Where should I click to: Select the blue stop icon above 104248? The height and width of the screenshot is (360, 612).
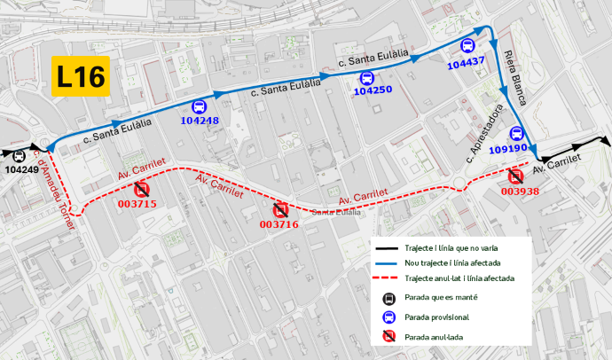click(x=200, y=107)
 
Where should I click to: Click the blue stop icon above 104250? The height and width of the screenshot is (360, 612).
click(x=365, y=77)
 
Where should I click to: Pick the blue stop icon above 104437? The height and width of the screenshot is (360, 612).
click(x=467, y=47)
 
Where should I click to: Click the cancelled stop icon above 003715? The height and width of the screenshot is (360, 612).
click(x=141, y=190)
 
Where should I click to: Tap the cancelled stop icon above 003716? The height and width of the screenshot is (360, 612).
click(x=280, y=210)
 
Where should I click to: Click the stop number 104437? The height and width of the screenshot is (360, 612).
click(x=467, y=63)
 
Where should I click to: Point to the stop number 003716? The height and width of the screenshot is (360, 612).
click(x=278, y=225)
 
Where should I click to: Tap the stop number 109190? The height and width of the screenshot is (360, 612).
click(x=507, y=149)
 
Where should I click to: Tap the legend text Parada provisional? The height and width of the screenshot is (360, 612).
click(x=437, y=317)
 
